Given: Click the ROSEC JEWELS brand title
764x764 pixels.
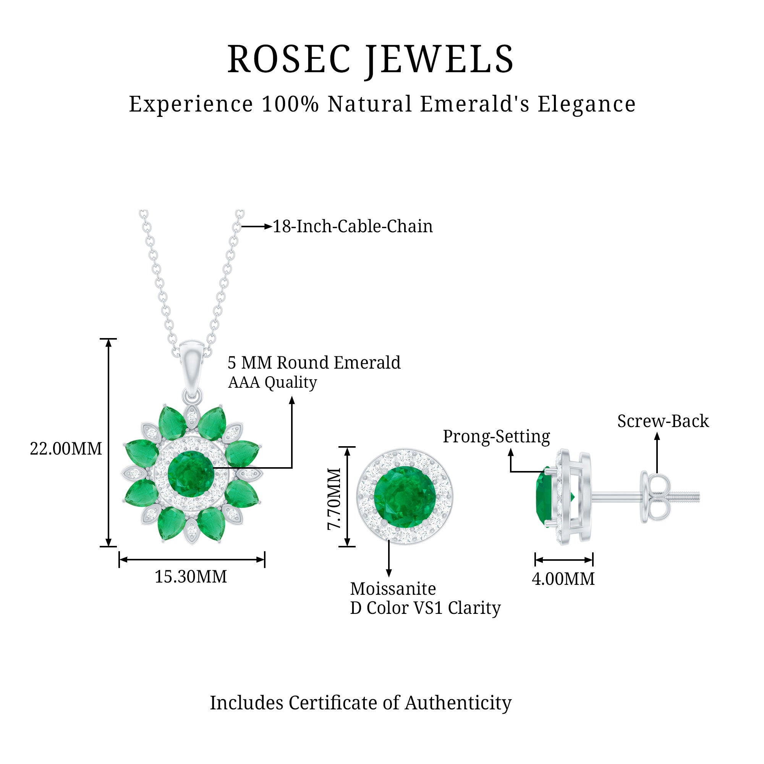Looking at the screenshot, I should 370,59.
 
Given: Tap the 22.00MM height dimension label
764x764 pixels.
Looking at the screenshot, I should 66,449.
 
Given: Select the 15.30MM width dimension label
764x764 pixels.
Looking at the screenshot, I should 191,576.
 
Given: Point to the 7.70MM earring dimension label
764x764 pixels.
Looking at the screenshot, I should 334,499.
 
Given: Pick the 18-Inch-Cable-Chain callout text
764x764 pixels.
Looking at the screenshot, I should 353,226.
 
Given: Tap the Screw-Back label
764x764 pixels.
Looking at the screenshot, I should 663,421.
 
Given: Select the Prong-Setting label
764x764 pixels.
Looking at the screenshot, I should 496,437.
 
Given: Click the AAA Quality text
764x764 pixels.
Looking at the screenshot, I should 272,382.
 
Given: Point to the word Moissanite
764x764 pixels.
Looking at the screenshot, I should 393,589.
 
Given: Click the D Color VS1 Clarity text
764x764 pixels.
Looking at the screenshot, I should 425,608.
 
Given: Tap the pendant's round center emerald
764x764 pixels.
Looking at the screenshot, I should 191,474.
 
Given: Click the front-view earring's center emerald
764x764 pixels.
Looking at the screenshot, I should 405,497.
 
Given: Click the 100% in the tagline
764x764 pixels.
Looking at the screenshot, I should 290,104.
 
